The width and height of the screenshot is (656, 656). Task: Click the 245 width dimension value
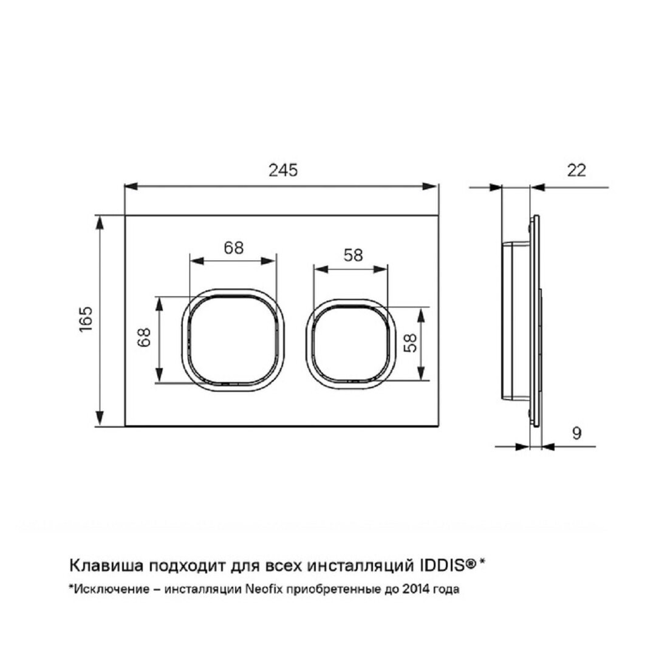(283, 170)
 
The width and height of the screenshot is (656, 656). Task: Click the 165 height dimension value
(86, 319)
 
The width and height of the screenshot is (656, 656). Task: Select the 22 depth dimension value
(576, 170)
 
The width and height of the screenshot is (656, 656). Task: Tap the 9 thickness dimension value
(576, 433)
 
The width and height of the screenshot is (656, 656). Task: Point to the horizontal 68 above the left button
(233, 248)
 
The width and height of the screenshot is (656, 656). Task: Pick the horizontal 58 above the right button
(353, 255)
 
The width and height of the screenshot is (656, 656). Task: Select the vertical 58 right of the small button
(411, 343)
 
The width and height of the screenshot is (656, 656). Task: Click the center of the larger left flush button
(233, 339)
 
